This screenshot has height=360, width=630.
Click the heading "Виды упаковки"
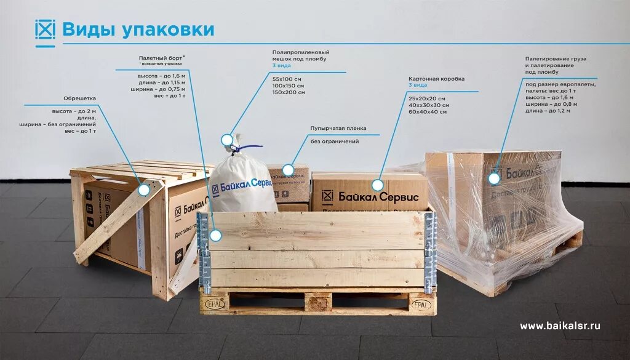click(x=138, y=30)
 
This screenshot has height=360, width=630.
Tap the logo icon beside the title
click(x=45, y=30)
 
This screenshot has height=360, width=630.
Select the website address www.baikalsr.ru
click(x=560, y=326)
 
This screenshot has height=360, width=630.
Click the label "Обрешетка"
click(x=79, y=98)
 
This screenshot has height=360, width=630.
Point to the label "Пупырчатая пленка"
click(x=338, y=129)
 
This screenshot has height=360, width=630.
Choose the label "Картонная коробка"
click(x=436, y=79)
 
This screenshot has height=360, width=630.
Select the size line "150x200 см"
click(x=289, y=92)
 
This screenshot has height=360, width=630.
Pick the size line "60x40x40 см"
click(x=428, y=112)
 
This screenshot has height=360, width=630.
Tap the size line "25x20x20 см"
click(x=426, y=98)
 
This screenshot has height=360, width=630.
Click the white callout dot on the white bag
click(x=227, y=140)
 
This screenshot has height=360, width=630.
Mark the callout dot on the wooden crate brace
click(x=143, y=190)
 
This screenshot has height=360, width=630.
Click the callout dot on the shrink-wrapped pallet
click(x=493, y=178)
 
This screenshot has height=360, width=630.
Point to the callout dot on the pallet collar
click(x=216, y=235)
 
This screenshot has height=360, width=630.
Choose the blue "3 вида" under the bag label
click(x=282, y=66)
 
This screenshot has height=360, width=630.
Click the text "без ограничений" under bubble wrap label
click(x=335, y=142)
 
